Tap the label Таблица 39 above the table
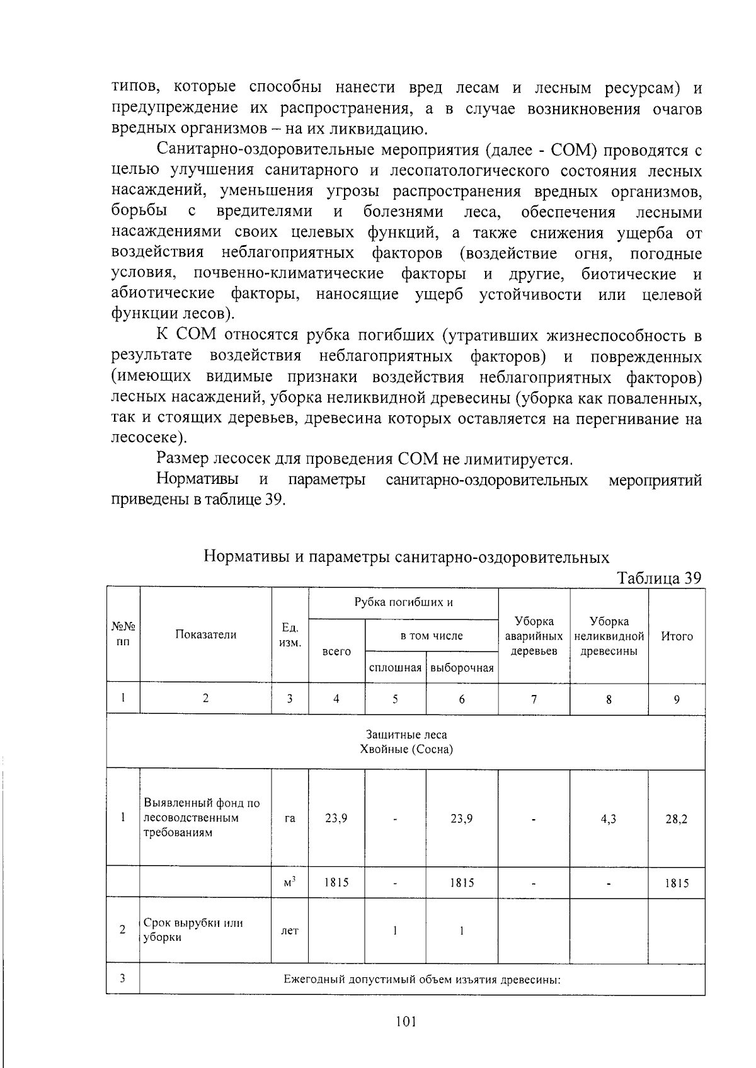click(x=659, y=578)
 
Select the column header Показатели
click(x=205, y=635)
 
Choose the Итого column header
click(x=677, y=636)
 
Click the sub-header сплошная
click(x=395, y=668)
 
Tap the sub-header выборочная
click(x=462, y=668)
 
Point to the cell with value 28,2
click(x=676, y=819)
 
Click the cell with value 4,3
click(x=609, y=819)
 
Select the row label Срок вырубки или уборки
click(x=193, y=930)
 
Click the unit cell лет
click(x=290, y=930)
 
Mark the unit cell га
click(x=290, y=819)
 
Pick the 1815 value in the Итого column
click(x=677, y=883)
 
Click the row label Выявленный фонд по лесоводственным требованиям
click(x=202, y=818)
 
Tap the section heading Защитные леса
click(x=406, y=735)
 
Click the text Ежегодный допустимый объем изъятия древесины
click(x=421, y=980)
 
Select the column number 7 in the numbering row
click(x=534, y=699)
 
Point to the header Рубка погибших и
click(x=403, y=602)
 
